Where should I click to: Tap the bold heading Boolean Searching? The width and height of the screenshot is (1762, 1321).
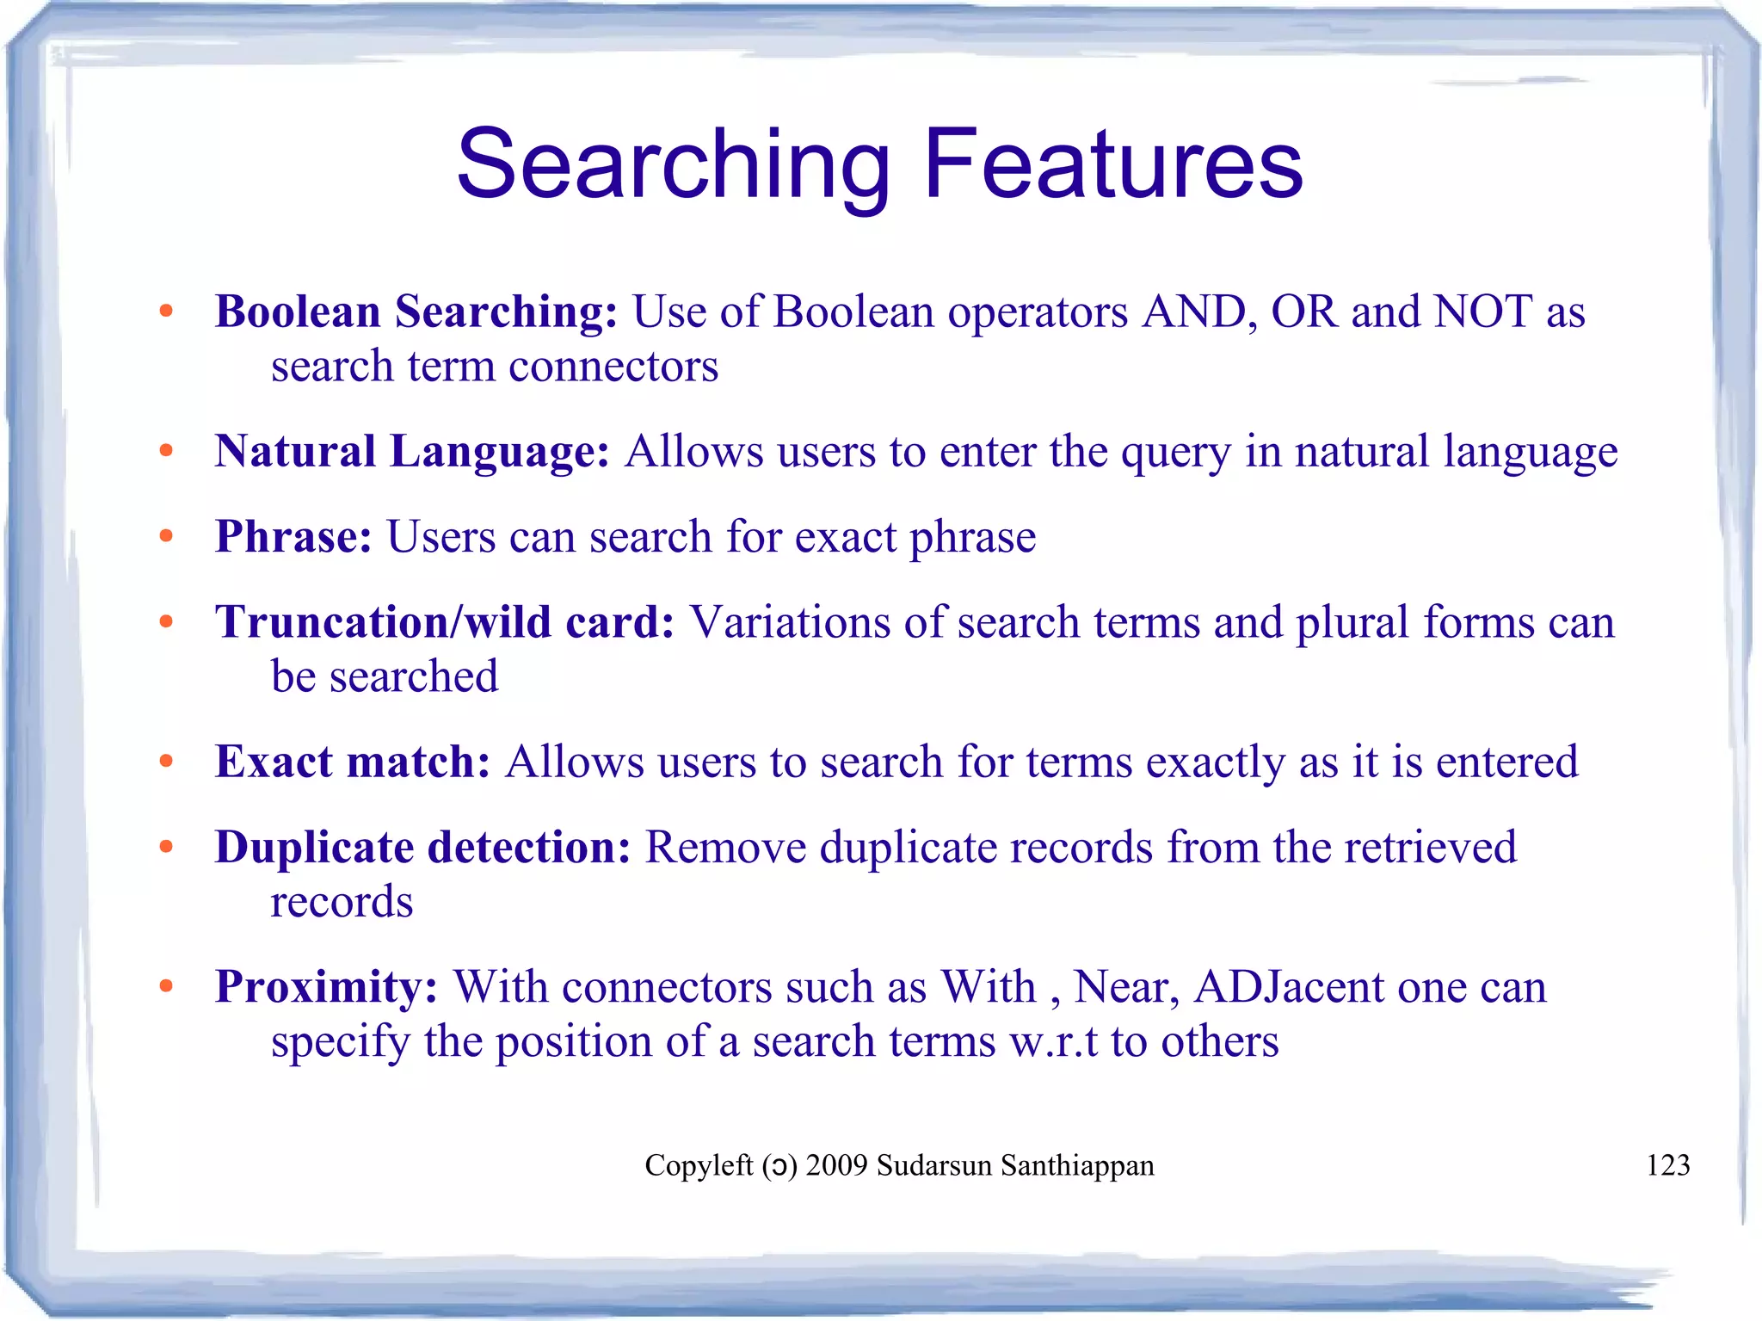[416, 312]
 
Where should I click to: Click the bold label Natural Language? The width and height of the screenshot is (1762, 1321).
[412, 452]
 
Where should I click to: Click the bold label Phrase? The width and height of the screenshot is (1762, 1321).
[293, 537]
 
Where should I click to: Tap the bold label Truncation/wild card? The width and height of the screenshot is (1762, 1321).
[445, 622]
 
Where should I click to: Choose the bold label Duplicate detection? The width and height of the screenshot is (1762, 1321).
[422, 848]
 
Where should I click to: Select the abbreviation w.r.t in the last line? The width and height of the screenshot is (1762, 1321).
[1054, 1042]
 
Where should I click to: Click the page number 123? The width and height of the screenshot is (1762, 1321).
[1667, 1165]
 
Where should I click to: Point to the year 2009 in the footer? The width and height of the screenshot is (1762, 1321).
[836, 1165]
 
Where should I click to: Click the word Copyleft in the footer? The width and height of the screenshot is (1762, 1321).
[699, 1165]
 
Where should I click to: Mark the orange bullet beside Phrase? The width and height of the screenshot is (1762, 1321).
[166, 537]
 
